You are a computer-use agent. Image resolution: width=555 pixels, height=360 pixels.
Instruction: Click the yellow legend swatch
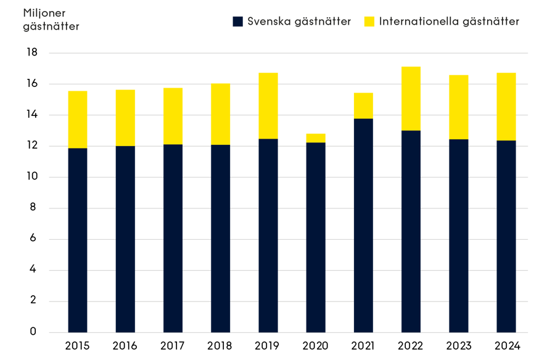tap(369, 22)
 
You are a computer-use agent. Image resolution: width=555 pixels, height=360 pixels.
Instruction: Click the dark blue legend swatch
tap(238, 22)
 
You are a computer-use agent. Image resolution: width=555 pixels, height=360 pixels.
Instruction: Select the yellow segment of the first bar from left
tap(78, 119)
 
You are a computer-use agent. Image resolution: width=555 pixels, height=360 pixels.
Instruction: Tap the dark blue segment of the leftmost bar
tap(78, 240)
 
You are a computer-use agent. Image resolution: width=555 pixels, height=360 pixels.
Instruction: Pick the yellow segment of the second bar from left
tap(125, 117)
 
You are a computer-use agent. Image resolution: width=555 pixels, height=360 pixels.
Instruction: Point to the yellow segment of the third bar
tap(173, 115)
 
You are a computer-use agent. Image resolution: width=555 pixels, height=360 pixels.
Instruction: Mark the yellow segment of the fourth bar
tap(220, 113)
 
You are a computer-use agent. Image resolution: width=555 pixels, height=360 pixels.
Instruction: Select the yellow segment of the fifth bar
tap(268, 105)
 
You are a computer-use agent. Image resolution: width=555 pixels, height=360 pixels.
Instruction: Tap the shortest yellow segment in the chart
tap(316, 137)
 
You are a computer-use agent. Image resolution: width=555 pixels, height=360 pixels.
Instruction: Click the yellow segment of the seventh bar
tap(363, 105)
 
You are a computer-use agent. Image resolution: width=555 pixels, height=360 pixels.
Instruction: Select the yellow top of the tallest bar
tap(411, 97)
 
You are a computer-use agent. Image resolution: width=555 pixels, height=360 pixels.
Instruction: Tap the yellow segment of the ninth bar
tap(458, 107)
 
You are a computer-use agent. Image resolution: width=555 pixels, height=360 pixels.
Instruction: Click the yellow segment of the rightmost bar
tap(506, 106)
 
